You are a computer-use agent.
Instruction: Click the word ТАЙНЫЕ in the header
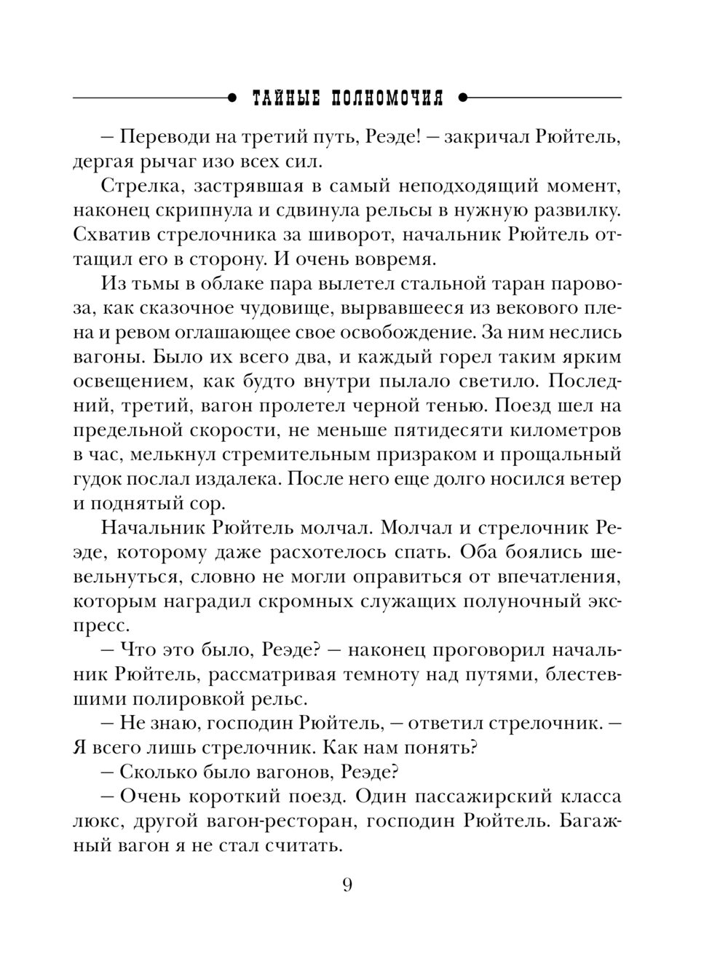click(x=283, y=98)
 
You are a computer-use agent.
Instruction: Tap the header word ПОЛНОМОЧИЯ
click(x=387, y=98)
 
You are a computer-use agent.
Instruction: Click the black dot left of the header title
click(x=232, y=97)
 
